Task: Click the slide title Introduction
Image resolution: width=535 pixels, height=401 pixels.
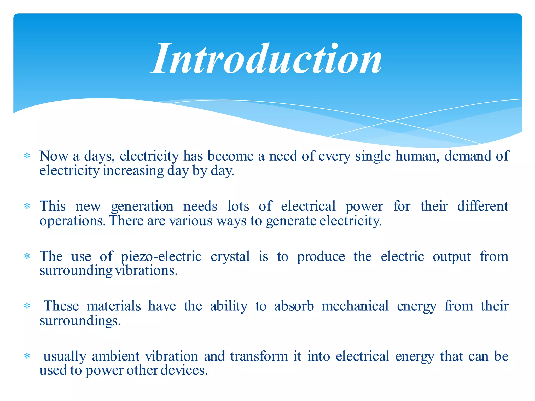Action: [267, 59]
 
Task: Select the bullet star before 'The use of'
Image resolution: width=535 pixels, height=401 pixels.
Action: [27, 256]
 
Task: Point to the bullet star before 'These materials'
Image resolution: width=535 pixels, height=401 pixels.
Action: [27, 306]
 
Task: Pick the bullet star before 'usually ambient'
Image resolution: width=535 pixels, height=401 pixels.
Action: [27, 356]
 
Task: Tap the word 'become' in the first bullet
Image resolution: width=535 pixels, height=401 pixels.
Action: [230, 156]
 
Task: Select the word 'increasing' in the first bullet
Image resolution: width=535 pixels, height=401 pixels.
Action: [133, 171]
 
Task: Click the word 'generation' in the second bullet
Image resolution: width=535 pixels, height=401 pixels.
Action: [142, 207]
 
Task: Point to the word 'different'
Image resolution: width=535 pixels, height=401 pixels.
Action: [483, 206]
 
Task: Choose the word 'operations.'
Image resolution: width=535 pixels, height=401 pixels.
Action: [73, 221]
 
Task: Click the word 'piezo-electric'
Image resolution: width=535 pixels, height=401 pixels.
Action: [161, 257]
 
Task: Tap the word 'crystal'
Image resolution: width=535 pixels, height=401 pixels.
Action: [230, 257]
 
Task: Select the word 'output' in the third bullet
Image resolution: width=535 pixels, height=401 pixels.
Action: [452, 257]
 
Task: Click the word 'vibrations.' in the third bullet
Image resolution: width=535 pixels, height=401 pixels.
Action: [146, 270]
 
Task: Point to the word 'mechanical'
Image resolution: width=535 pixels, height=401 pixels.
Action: [355, 306]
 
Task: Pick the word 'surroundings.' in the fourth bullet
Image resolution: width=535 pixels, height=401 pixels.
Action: [80, 321]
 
